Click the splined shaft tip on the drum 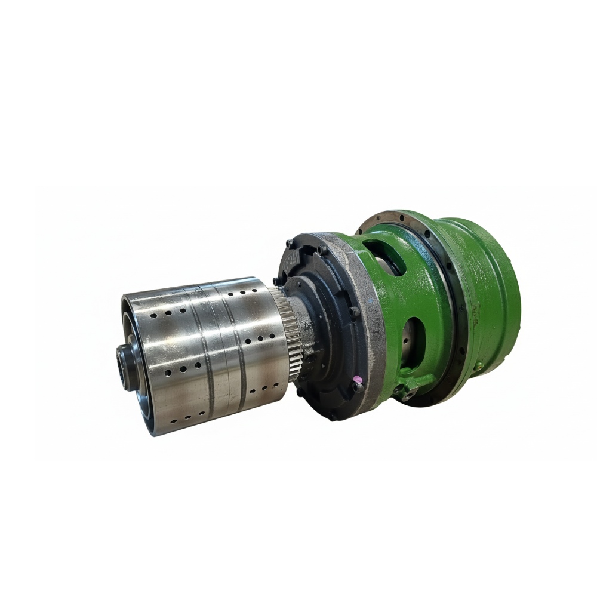coord(127,367)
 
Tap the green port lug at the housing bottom coord(410,389)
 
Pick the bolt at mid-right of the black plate coord(353,311)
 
